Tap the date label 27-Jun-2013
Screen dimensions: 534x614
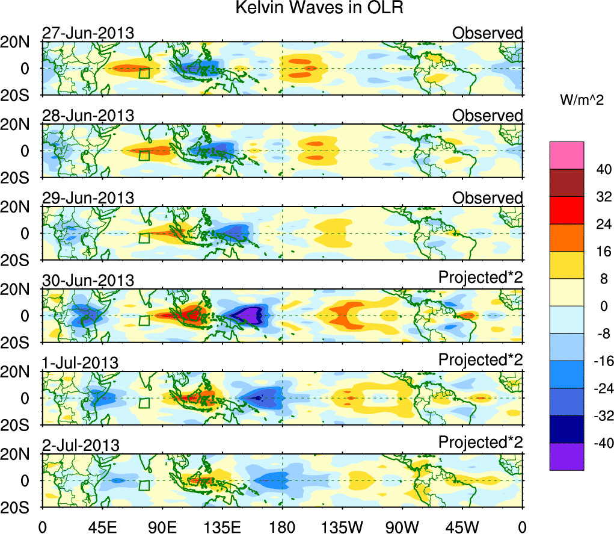click(88, 33)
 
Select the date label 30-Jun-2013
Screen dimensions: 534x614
click(88, 280)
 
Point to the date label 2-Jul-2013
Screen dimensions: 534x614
click(81, 445)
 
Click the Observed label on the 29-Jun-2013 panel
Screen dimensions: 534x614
click(488, 198)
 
